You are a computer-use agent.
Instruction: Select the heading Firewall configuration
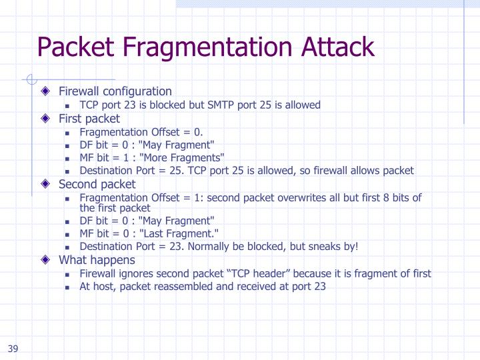[x=115, y=91]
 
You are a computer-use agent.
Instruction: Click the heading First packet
[x=89, y=119]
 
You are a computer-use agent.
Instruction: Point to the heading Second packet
[x=97, y=184]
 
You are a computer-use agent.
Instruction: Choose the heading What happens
[x=97, y=260]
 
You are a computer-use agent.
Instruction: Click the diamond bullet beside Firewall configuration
[x=45, y=91]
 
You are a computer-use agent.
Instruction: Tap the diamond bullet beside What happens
[x=45, y=260]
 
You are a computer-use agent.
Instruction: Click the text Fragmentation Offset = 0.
[x=141, y=132]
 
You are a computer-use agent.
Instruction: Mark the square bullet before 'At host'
[x=68, y=287]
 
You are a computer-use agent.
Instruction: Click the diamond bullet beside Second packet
[x=45, y=184]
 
